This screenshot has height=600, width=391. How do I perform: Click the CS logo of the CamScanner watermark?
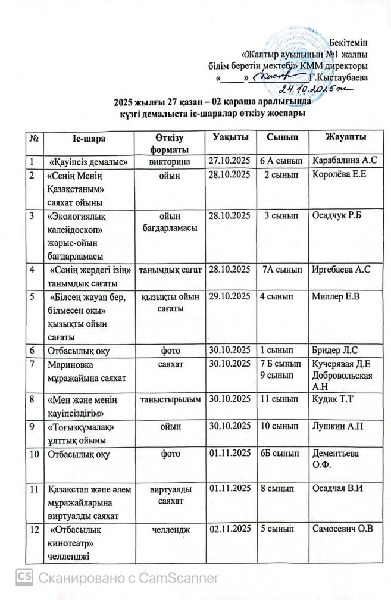point(24,577)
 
